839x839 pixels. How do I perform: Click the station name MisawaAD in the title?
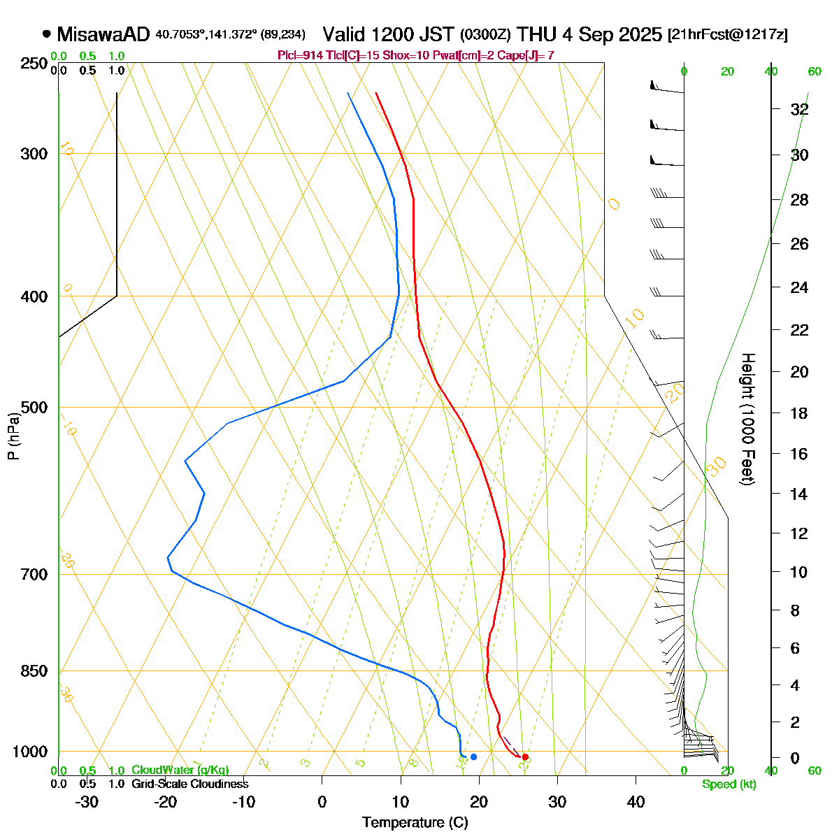[x=103, y=34]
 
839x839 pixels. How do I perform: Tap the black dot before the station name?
[x=47, y=33]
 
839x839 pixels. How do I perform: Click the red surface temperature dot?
[x=525, y=757]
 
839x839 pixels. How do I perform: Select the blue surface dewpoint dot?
[x=473, y=756]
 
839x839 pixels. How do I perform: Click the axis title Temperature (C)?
[x=415, y=822]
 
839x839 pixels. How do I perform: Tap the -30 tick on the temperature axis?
[x=86, y=801]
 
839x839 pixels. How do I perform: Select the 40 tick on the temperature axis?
[x=636, y=801]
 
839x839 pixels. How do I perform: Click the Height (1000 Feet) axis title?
[x=748, y=419]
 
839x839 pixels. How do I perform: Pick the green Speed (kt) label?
[x=729, y=784]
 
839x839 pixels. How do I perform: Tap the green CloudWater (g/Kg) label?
[x=180, y=770]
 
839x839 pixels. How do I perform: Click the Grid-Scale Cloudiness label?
[x=190, y=784]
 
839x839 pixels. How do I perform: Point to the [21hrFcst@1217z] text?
[x=727, y=34]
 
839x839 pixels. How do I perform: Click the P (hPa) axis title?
[x=13, y=436]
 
